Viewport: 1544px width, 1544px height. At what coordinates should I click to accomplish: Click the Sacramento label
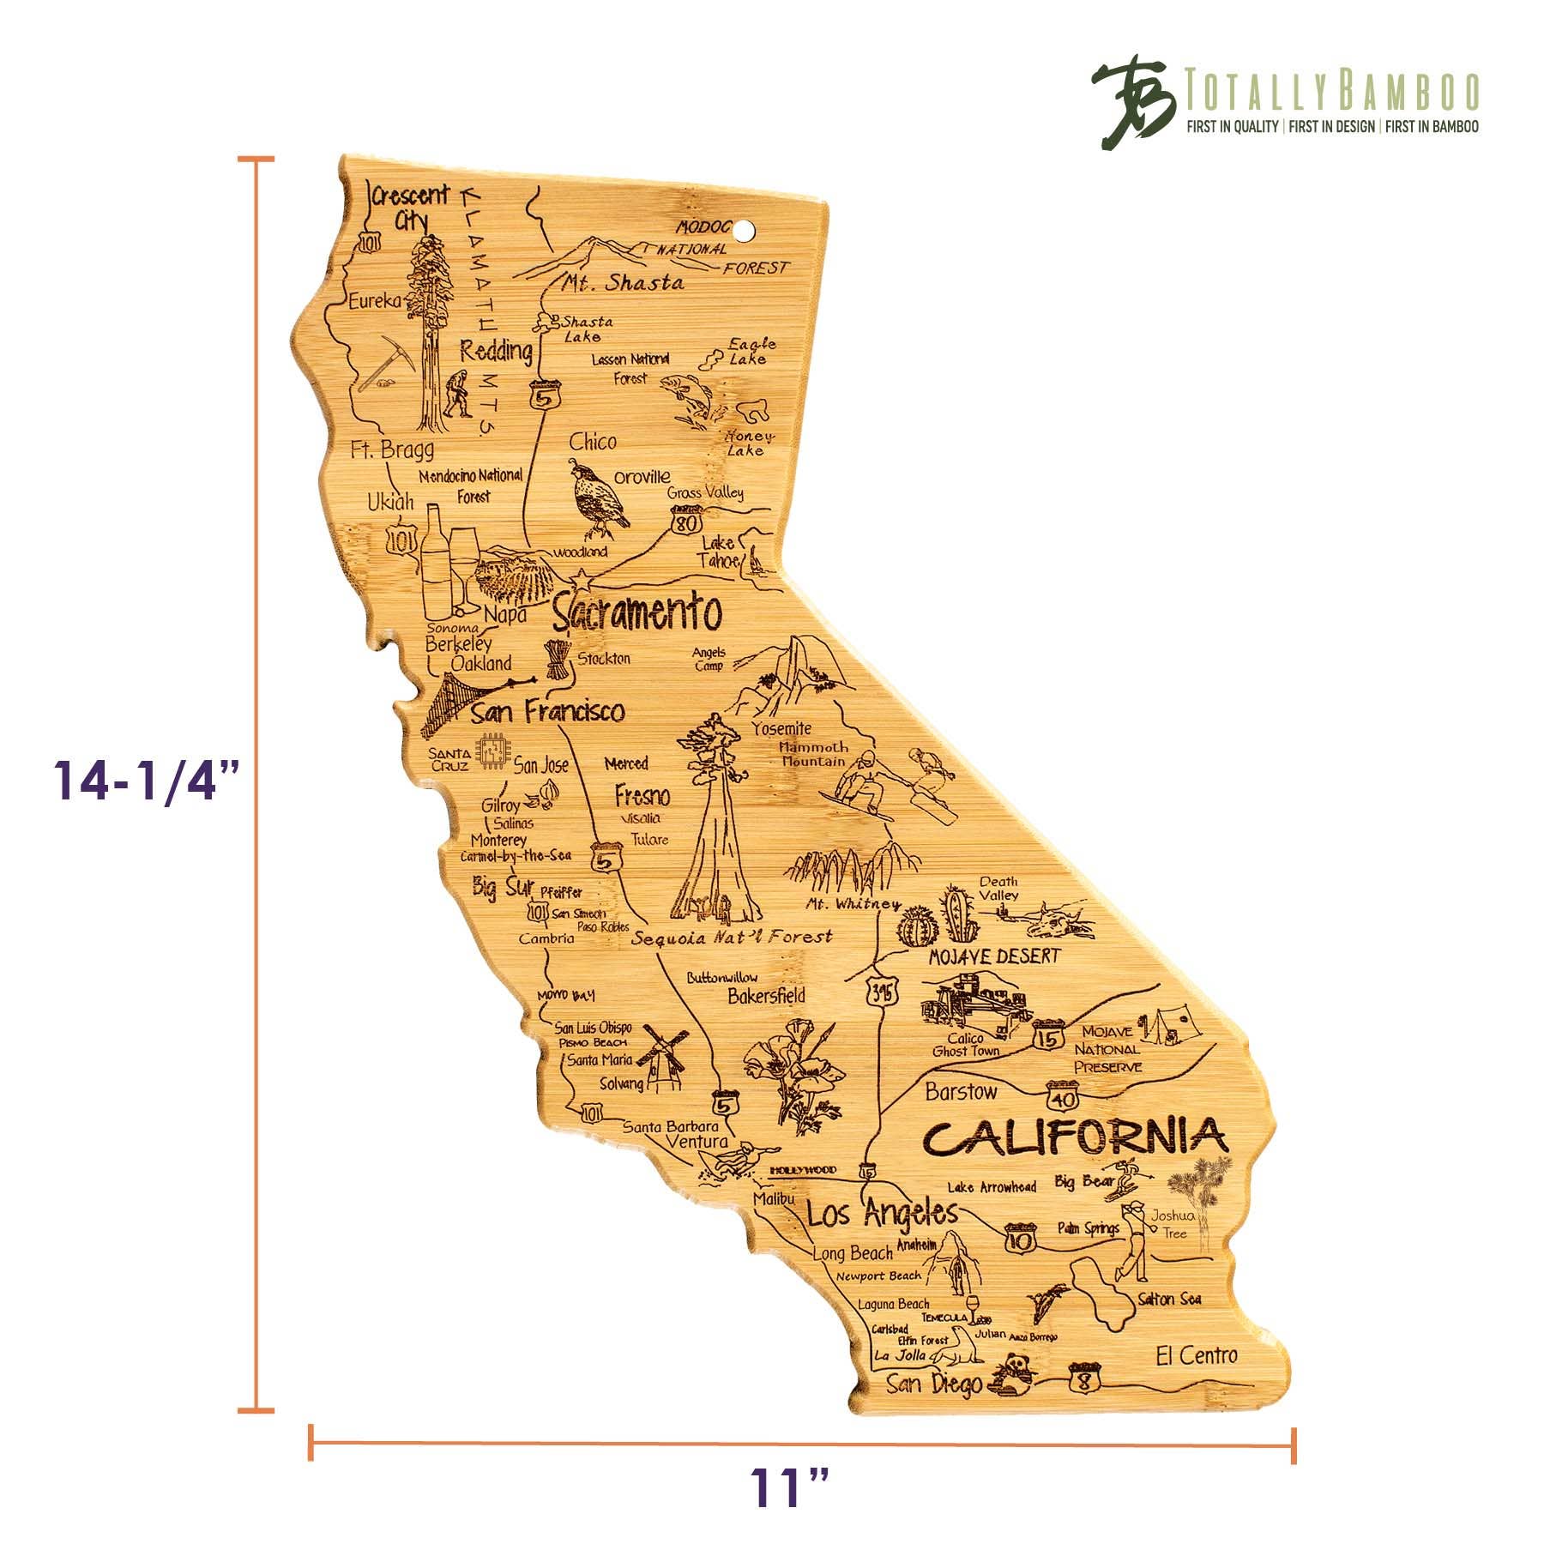(x=636, y=613)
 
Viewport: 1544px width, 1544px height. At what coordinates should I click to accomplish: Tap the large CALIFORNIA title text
(x=1076, y=1138)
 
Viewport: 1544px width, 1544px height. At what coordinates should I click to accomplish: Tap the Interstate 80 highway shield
(x=687, y=522)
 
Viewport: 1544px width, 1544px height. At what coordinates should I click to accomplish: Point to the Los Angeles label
(x=883, y=1214)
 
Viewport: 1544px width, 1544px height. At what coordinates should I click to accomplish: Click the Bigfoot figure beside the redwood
(x=458, y=394)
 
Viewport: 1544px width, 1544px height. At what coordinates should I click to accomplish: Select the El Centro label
(x=1196, y=1355)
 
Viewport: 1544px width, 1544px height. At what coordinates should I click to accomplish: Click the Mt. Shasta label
(x=624, y=282)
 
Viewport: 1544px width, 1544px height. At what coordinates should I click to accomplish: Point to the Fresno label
(x=642, y=795)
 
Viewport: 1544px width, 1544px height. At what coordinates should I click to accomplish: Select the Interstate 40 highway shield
(x=1058, y=1097)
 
